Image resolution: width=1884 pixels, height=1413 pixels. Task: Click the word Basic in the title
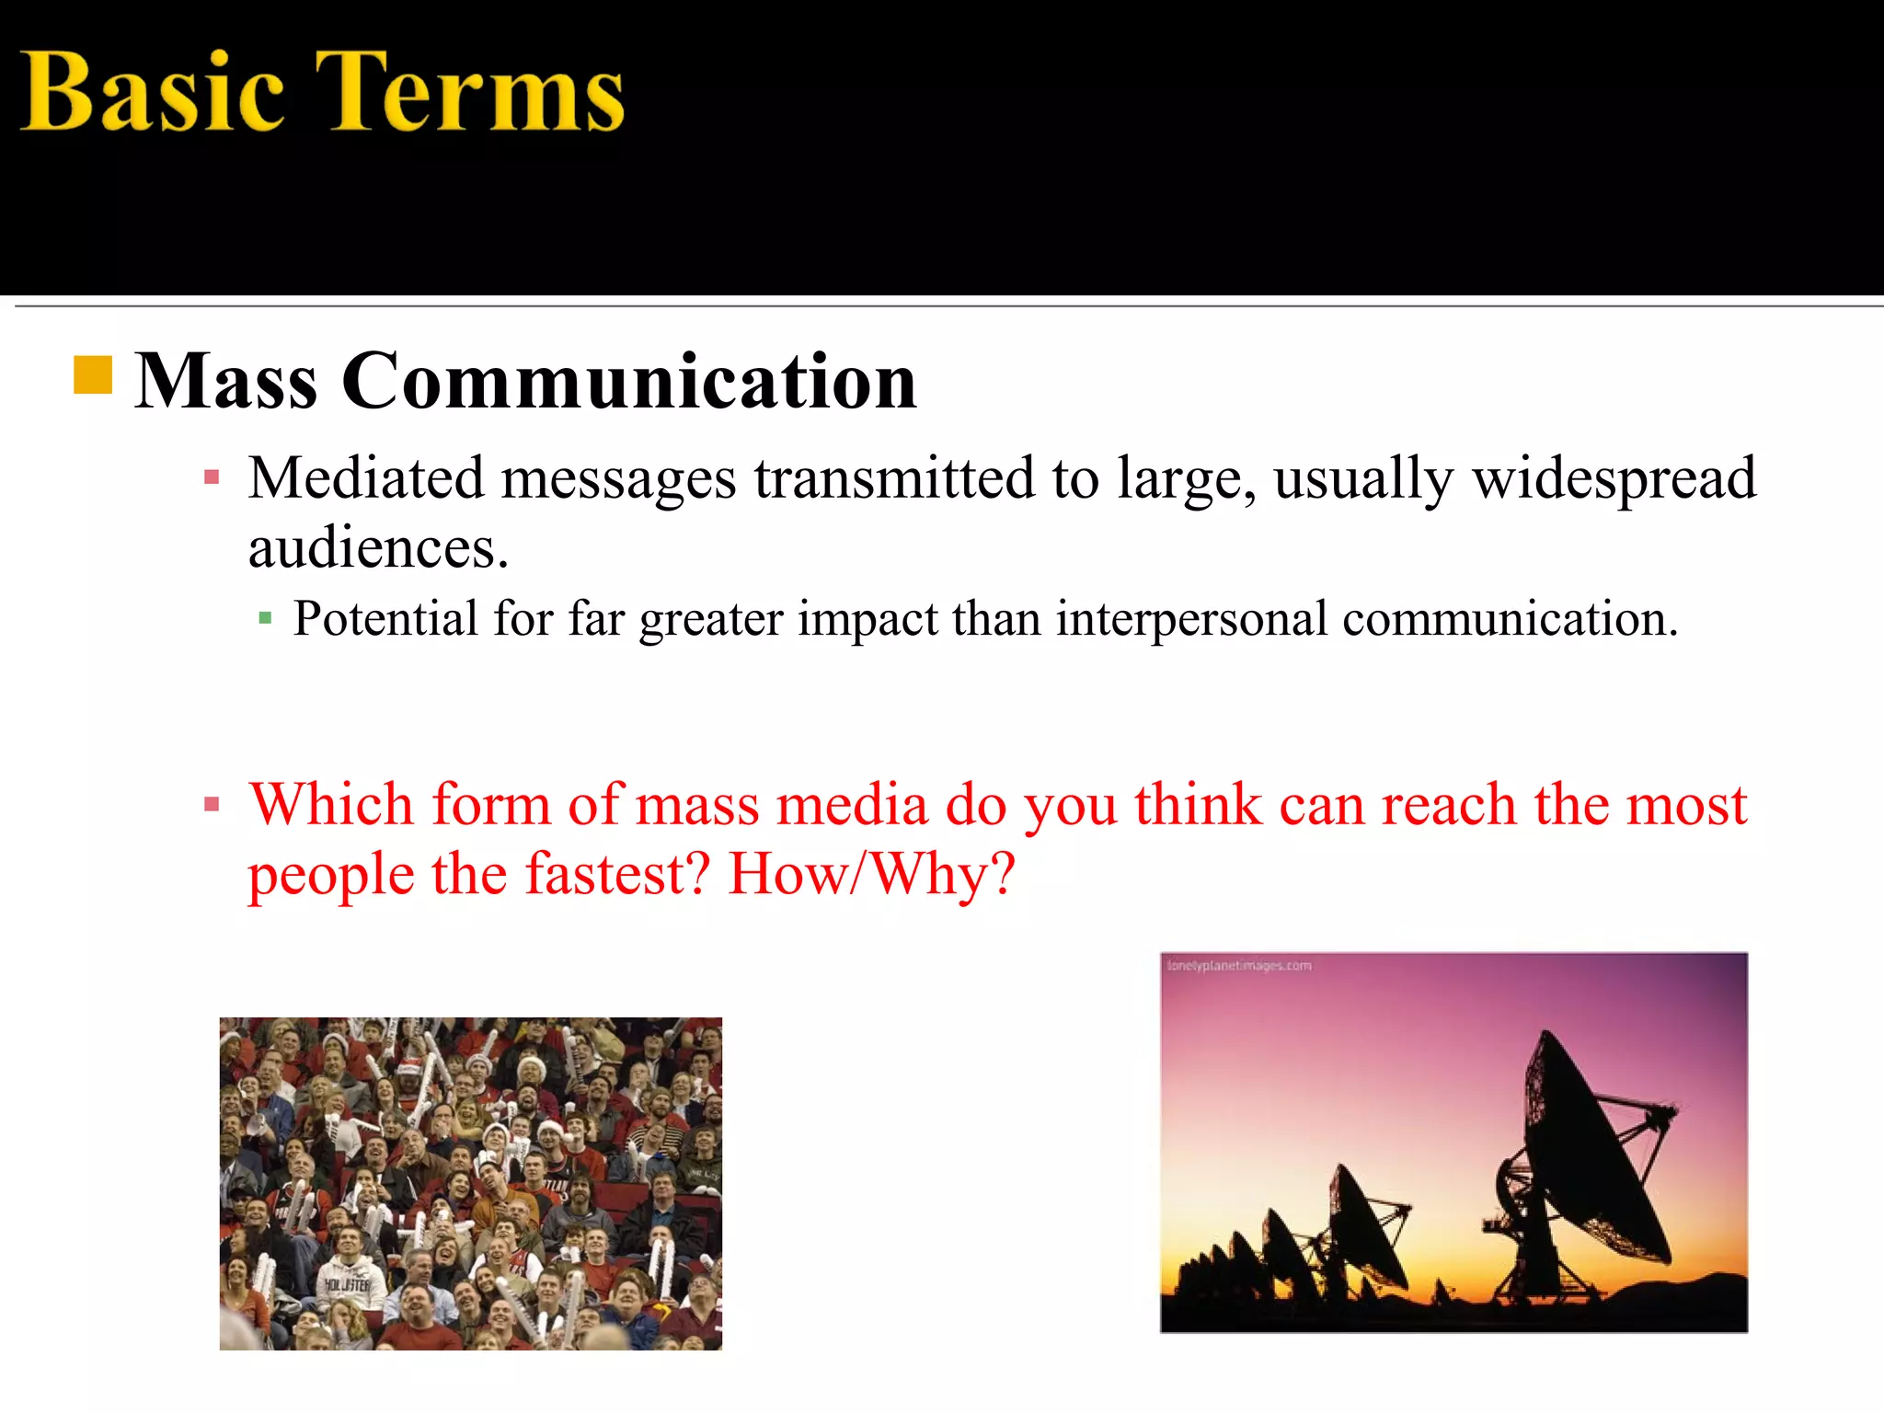pyautogui.click(x=152, y=92)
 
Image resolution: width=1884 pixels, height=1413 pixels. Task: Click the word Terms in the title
pyautogui.click(x=469, y=92)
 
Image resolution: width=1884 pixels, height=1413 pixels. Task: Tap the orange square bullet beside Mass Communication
pyautogui.click(x=93, y=375)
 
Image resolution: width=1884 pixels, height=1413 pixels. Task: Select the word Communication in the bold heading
pyautogui.click(x=629, y=381)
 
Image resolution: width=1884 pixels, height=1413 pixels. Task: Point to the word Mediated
pyautogui.click(x=365, y=478)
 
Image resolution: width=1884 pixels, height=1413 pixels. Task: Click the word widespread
pyautogui.click(x=1614, y=478)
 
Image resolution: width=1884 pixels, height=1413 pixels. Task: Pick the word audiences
pyautogui.click(x=377, y=548)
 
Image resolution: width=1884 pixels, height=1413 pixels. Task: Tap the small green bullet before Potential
pyautogui.click(x=266, y=618)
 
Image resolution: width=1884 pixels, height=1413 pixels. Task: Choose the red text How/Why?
pyautogui.click(x=871, y=874)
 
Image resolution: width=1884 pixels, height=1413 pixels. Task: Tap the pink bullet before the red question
pyautogui.click(x=213, y=805)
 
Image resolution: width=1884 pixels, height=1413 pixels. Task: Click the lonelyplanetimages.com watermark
pyautogui.click(x=1239, y=966)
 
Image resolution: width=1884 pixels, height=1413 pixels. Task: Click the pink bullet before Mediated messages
pyautogui.click(x=213, y=477)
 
